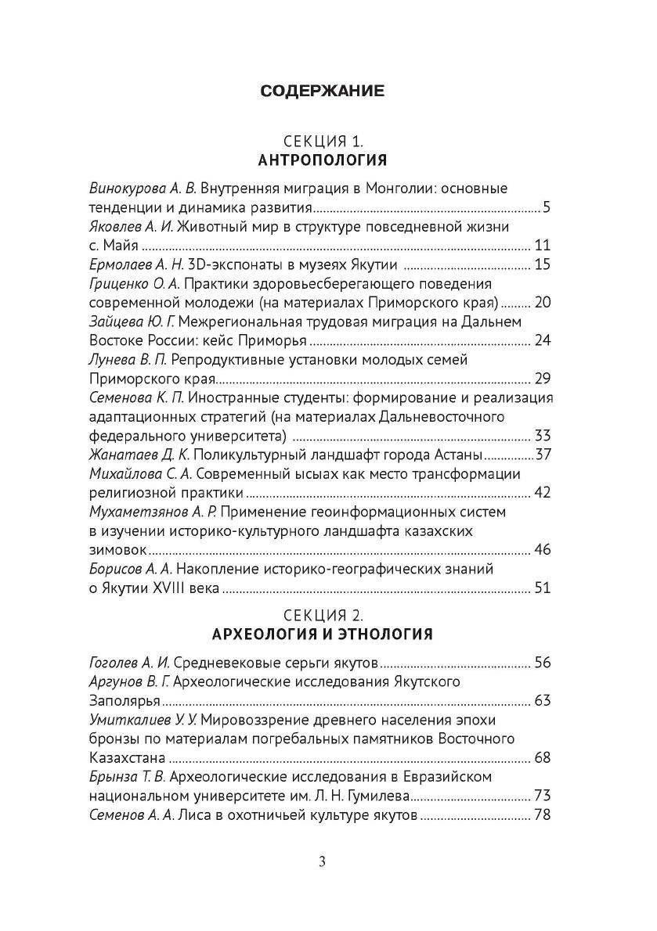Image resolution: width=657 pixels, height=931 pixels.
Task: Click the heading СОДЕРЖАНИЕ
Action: click(x=322, y=92)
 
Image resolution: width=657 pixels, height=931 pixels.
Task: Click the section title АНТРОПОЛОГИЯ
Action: click(x=322, y=160)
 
